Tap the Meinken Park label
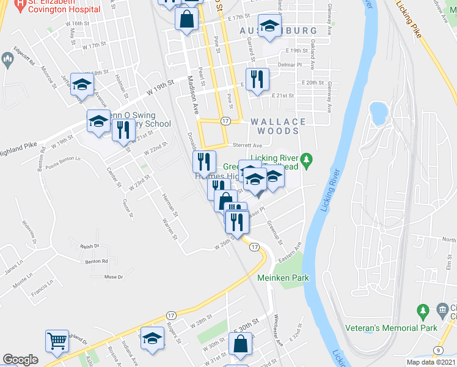pos(282,278)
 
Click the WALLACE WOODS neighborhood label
pos(274,126)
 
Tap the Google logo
pos(20,360)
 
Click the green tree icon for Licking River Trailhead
pos(308,161)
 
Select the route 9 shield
pos(439,350)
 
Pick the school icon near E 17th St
pos(268,26)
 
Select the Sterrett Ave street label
pos(247,146)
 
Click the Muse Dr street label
pos(114,277)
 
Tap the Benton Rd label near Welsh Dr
pos(97,261)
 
